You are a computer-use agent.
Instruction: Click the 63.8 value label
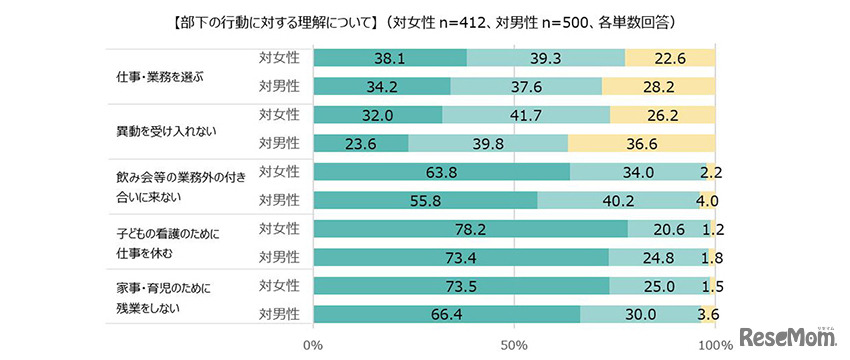pos(441,171)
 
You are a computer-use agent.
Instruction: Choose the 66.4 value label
pos(446,313)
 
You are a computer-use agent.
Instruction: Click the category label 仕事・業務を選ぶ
pos(158,73)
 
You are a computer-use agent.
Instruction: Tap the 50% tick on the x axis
pos(514,345)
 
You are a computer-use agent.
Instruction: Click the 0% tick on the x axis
pos(314,345)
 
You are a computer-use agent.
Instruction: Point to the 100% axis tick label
pos(713,345)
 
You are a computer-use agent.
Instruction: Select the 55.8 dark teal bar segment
pos(425,200)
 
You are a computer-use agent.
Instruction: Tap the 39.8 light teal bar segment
pos(488,142)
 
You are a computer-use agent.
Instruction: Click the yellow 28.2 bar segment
pos(658,86)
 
